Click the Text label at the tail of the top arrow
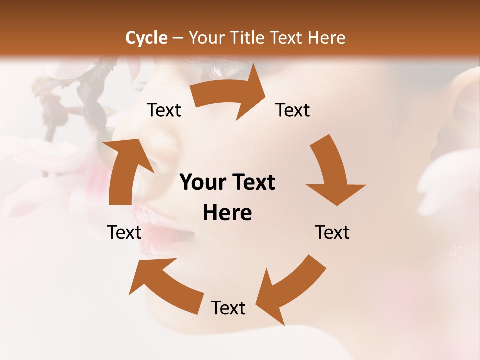pyautogui.click(x=164, y=110)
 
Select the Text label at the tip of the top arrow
pyautogui.click(x=293, y=110)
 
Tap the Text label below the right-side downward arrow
pyautogui.click(x=332, y=232)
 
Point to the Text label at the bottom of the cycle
pyautogui.click(x=228, y=308)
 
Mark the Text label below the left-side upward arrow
pyautogui.click(x=124, y=232)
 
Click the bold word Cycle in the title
pyautogui.click(x=146, y=38)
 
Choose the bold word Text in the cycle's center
pyautogui.click(x=252, y=183)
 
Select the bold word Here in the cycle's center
pyautogui.click(x=227, y=213)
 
